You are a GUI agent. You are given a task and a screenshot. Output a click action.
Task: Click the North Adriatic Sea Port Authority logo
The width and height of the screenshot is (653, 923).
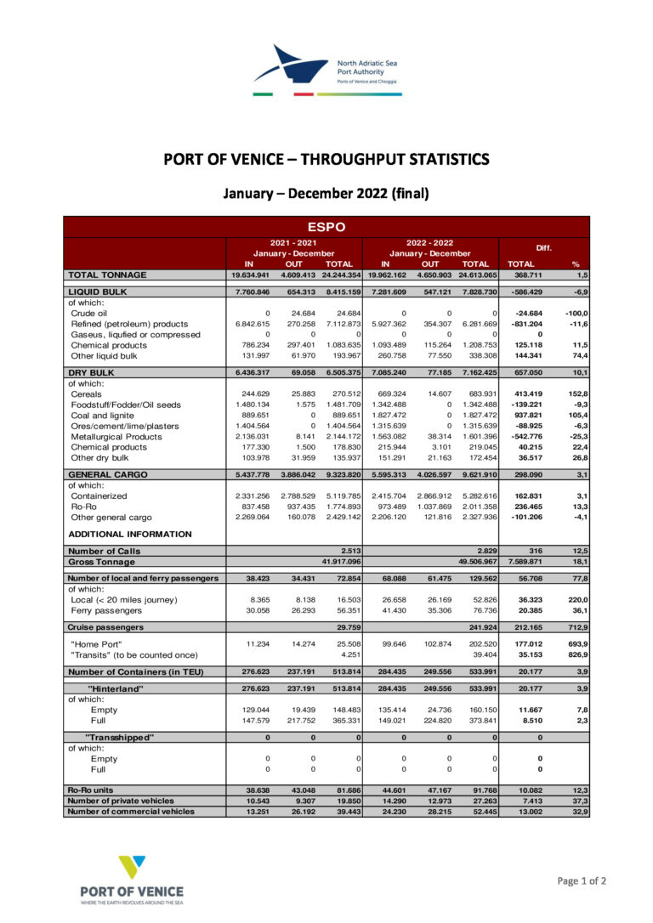pos(326,70)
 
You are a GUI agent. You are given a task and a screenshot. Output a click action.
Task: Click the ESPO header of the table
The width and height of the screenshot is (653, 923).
pos(326,227)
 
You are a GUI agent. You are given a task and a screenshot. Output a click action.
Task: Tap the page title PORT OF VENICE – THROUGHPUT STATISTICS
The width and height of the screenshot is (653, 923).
pos(326,159)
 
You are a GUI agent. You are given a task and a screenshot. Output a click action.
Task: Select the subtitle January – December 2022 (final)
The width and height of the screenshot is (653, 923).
pos(326,193)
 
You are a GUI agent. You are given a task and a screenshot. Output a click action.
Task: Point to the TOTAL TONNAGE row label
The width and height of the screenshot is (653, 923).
pos(107,275)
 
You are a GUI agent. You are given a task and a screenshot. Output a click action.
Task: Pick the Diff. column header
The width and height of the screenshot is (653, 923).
pos(543,247)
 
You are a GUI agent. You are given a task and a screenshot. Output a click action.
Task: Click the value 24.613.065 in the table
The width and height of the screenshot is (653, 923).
pos(474,275)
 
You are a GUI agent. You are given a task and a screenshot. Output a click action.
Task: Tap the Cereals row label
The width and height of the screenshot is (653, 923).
pos(87,394)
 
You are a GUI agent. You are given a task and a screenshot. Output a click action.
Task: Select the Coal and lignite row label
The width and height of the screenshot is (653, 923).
pos(103,416)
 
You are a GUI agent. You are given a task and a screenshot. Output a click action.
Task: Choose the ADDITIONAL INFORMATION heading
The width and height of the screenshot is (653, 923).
pos(129,534)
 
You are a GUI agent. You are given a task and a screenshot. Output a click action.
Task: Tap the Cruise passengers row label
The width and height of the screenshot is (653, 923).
pos(105,626)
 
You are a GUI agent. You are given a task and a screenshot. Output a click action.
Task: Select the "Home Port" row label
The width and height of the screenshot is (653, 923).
pos(96,643)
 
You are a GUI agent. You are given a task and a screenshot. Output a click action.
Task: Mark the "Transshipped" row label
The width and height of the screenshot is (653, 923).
pos(120,737)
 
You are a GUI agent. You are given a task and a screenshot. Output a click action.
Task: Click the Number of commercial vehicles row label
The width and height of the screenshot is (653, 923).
pos(131,811)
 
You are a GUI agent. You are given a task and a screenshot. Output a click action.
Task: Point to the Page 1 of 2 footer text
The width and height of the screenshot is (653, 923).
pos(582,881)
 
